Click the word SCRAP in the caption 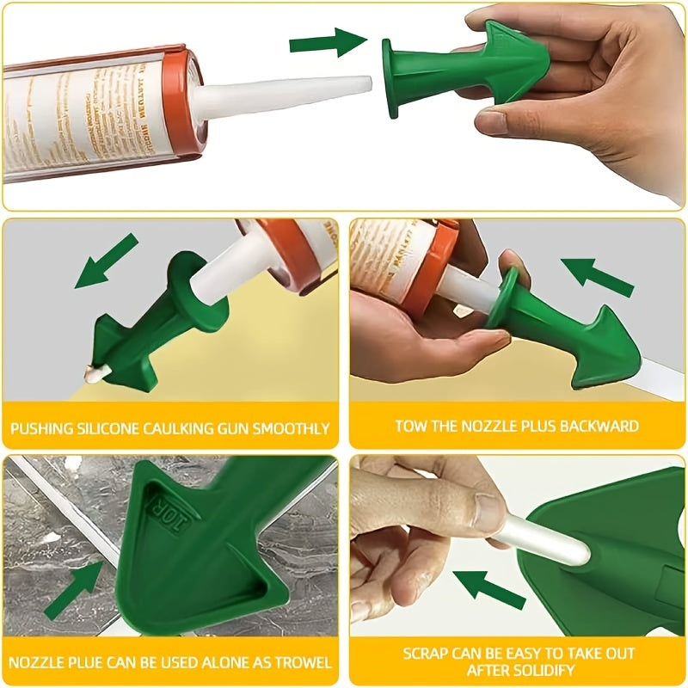click(426, 654)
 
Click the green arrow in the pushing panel click(106, 261)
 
